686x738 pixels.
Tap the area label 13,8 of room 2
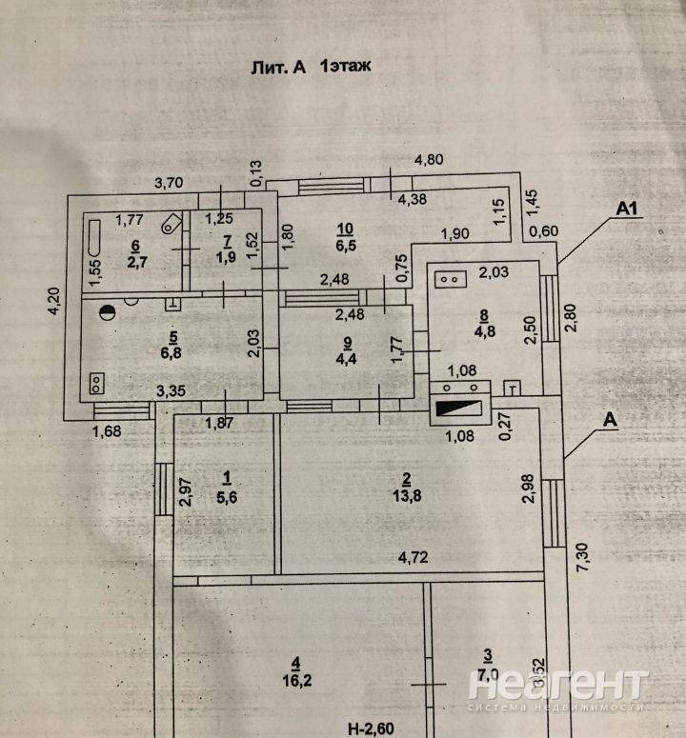tap(406, 495)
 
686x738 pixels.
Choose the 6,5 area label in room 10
tap(346, 245)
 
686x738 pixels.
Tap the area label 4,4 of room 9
tap(347, 359)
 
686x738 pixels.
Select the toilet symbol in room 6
tap(170, 225)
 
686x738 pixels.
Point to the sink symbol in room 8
tap(449, 280)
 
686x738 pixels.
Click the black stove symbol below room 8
tap(462, 409)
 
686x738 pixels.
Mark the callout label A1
tap(625, 206)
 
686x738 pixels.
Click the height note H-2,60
tap(371, 728)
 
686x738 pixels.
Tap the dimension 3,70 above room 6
tap(172, 182)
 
